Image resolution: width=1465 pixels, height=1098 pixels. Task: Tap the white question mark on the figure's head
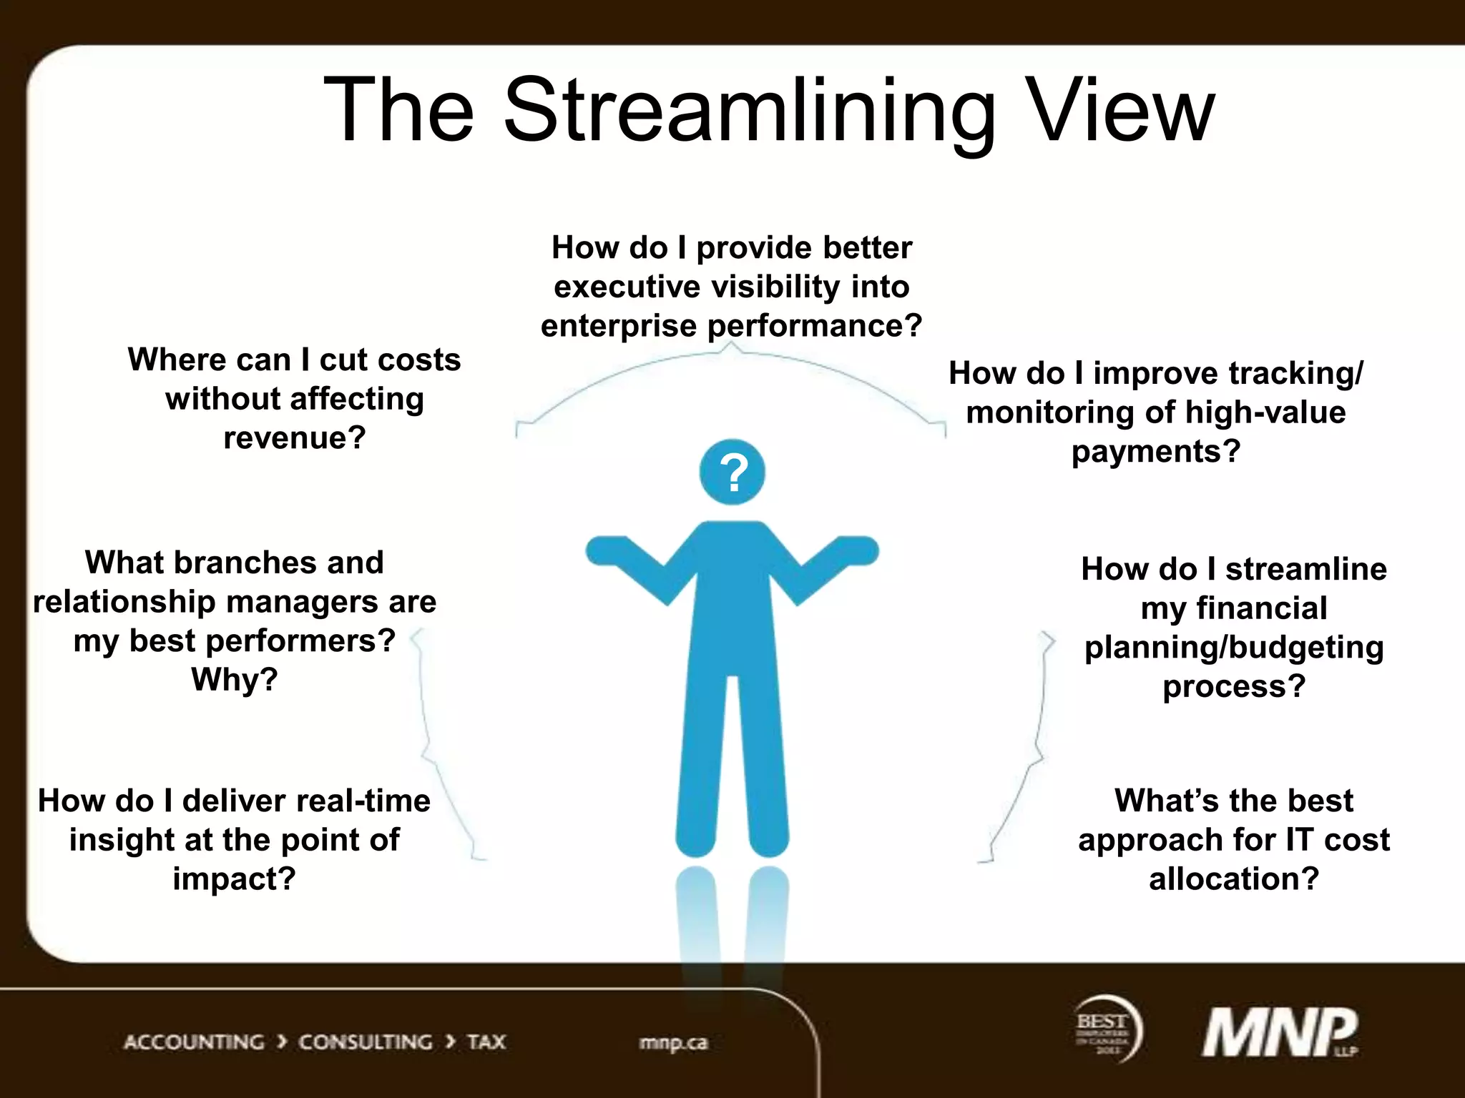(x=733, y=473)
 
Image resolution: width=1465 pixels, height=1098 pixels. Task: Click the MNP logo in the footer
(x=1280, y=1032)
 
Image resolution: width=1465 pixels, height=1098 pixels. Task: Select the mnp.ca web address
(x=672, y=1043)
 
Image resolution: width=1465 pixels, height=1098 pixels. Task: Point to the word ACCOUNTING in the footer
(x=194, y=1042)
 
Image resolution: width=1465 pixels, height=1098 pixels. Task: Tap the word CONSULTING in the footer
(x=366, y=1042)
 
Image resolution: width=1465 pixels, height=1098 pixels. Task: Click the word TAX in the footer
(x=486, y=1042)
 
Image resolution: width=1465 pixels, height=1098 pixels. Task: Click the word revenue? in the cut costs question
(x=295, y=437)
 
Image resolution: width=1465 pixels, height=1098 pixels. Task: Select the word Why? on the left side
(x=235, y=679)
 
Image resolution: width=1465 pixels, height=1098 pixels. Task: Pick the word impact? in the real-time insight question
(x=234, y=879)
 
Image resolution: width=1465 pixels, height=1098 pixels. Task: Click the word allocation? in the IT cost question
(x=1234, y=879)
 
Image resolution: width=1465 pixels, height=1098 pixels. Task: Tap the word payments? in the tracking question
(x=1156, y=452)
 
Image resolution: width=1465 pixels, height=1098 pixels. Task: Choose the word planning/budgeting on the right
(x=1234, y=648)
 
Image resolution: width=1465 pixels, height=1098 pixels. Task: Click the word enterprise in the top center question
(x=618, y=326)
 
